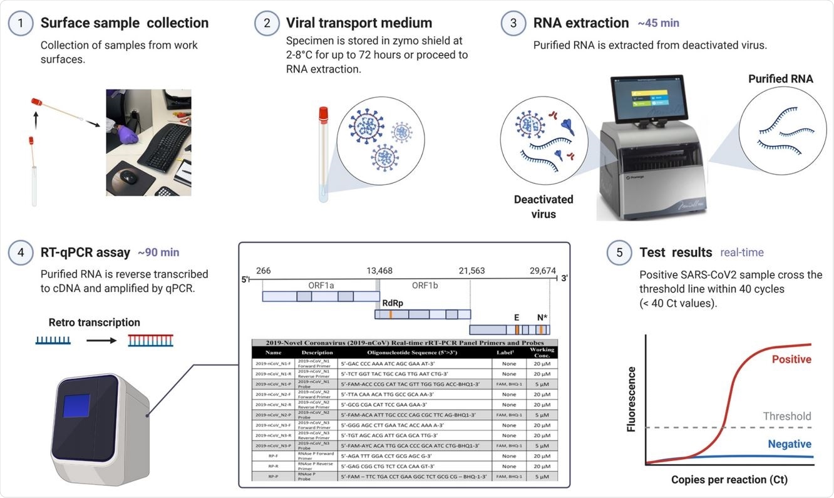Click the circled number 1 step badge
(20, 24)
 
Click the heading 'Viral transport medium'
(359, 24)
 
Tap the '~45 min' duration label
(658, 24)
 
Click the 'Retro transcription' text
(95, 323)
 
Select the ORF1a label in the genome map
(321, 284)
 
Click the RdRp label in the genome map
(393, 303)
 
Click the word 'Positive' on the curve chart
(791, 360)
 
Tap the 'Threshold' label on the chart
(786, 416)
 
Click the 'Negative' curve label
(789, 444)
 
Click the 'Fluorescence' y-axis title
(632, 399)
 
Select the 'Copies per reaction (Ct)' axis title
(729, 480)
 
